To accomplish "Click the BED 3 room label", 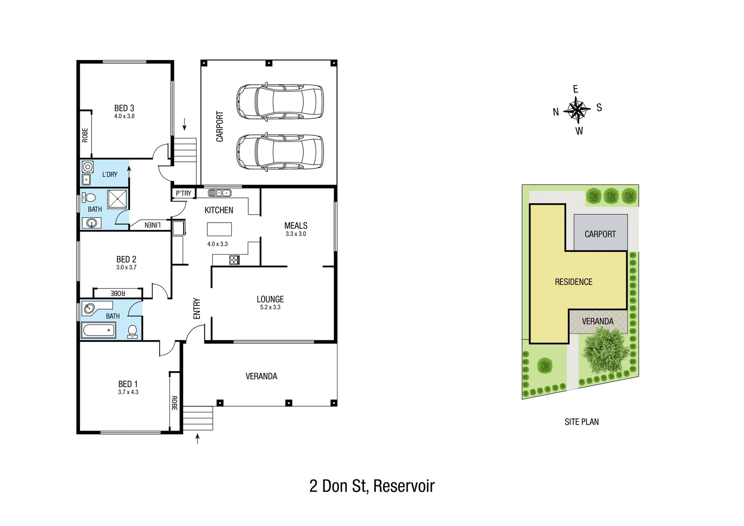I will coord(124,108).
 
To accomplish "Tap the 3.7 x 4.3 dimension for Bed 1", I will coord(128,392).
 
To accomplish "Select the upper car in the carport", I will coord(279,102).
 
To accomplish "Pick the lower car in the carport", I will coord(279,152).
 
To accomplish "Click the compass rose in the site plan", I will coord(577,110).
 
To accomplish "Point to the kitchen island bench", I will coord(219,229).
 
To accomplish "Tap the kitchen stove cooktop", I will coord(234,260).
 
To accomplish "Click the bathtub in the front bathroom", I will coord(99,331).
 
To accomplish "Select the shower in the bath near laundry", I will coord(117,199).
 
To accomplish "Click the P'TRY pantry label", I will coord(184,193).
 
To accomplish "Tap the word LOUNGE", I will coord(270,299).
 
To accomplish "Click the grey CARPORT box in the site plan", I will coord(600,233).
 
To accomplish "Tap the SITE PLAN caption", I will coord(581,422).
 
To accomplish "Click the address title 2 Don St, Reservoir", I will coord(372,486).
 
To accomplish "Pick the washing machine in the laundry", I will coord(88,167).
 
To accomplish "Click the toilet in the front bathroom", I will coord(132,331).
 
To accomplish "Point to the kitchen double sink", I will coord(219,193).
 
